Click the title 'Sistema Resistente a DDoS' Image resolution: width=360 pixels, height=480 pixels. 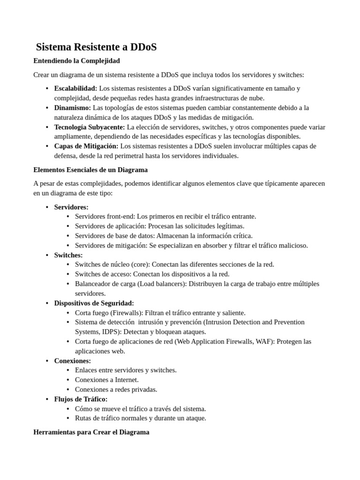coord(96,47)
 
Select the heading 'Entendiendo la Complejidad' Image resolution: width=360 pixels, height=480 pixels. coord(77,61)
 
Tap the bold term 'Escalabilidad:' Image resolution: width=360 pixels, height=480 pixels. coord(76,88)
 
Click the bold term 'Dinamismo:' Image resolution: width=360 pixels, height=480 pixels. coord(73,107)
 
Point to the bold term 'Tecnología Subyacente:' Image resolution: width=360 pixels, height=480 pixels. coord(90,127)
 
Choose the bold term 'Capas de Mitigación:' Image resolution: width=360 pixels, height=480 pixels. coord(86,146)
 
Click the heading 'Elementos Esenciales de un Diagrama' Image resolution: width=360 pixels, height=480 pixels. coord(90,170)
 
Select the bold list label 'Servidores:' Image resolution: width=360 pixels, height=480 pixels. coord(71,207)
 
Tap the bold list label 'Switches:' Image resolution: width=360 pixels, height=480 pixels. coord(68,255)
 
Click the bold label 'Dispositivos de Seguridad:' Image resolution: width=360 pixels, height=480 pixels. coord(94,303)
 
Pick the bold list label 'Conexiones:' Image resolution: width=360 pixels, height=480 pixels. coord(73,360)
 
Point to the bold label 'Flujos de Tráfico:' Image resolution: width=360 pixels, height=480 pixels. coord(81,399)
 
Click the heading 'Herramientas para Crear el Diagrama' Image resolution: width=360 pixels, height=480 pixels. coord(91,432)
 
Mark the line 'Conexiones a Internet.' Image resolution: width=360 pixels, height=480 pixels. coord(107,380)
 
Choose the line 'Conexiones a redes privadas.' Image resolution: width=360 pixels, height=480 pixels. coord(116,389)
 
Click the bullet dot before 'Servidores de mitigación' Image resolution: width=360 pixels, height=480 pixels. coord(68,245)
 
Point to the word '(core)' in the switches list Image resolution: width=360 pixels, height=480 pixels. coord(141,264)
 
